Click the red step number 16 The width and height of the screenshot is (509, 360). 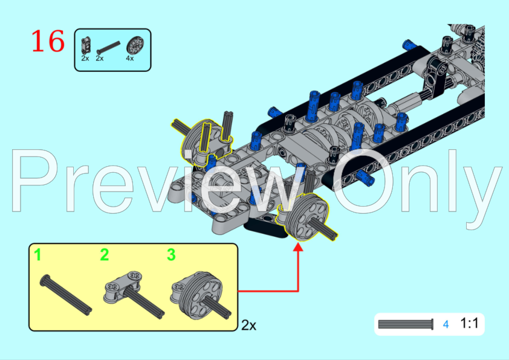(x=48, y=41)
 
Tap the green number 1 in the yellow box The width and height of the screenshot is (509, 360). (x=38, y=255)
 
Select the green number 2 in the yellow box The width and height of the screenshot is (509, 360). (x=104, y=255)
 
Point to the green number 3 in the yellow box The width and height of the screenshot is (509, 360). (x=172, y=255)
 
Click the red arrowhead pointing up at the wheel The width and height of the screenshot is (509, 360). (x=298, y=246)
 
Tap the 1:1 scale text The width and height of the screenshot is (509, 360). (x=469, y=323)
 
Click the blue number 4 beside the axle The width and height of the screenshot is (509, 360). (x=446, y=324)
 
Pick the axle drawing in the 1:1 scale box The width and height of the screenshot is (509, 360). (x=406, y=324)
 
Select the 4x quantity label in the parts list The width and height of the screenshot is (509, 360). (x=130, y=58)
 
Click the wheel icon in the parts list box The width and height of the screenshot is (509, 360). (x=135, y=45)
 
